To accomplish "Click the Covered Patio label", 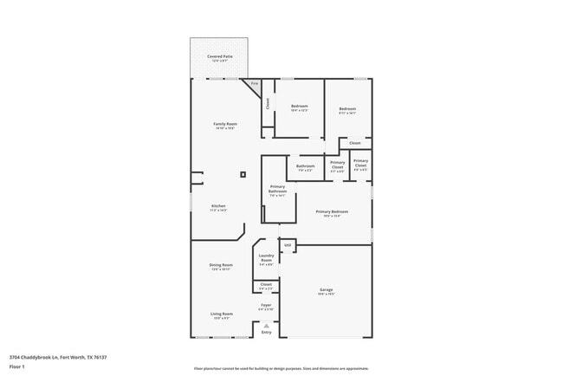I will coord(219,57).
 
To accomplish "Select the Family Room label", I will coord(225,125).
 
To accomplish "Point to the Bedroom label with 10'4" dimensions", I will coord(299,107).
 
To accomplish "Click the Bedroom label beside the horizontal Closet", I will coord(347,109).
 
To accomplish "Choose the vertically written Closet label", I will coord(268,103).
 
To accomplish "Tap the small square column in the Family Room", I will coord(243,174).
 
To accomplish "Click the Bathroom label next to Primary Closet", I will coord(305,167).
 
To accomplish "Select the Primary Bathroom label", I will coord(277,191).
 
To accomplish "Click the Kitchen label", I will coord(217,207).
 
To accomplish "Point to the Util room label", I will coord(288,246).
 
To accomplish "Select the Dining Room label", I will coord(221,266).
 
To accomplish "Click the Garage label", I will coord(326,290).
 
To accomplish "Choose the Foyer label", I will coord(266,306).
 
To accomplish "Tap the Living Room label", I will coord(221,314).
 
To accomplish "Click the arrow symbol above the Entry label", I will coord(266,325).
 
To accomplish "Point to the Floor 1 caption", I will coord(17,366).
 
